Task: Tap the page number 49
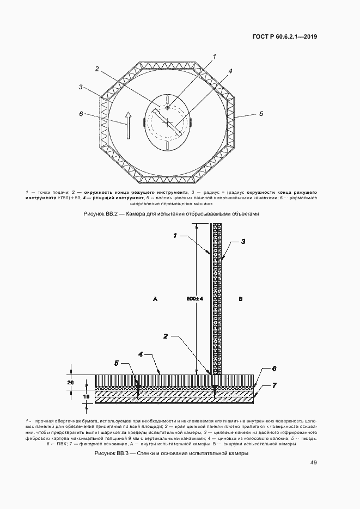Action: (x=314, y=463)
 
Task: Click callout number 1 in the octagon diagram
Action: (x=215, y=57)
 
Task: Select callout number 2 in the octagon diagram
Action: (x=96, y=69)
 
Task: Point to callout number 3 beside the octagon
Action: (x=80, y=87)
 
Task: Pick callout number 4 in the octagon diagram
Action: (x=230, y=71)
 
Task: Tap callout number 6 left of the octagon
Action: (x=81, y=114)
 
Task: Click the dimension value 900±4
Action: (x=194, y=299)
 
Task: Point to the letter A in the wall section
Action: (x=155, y=299)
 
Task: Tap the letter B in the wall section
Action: (x=240, y=299)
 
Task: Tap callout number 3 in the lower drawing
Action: (x=243, y=241)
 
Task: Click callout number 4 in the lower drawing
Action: (x=141, y=354)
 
